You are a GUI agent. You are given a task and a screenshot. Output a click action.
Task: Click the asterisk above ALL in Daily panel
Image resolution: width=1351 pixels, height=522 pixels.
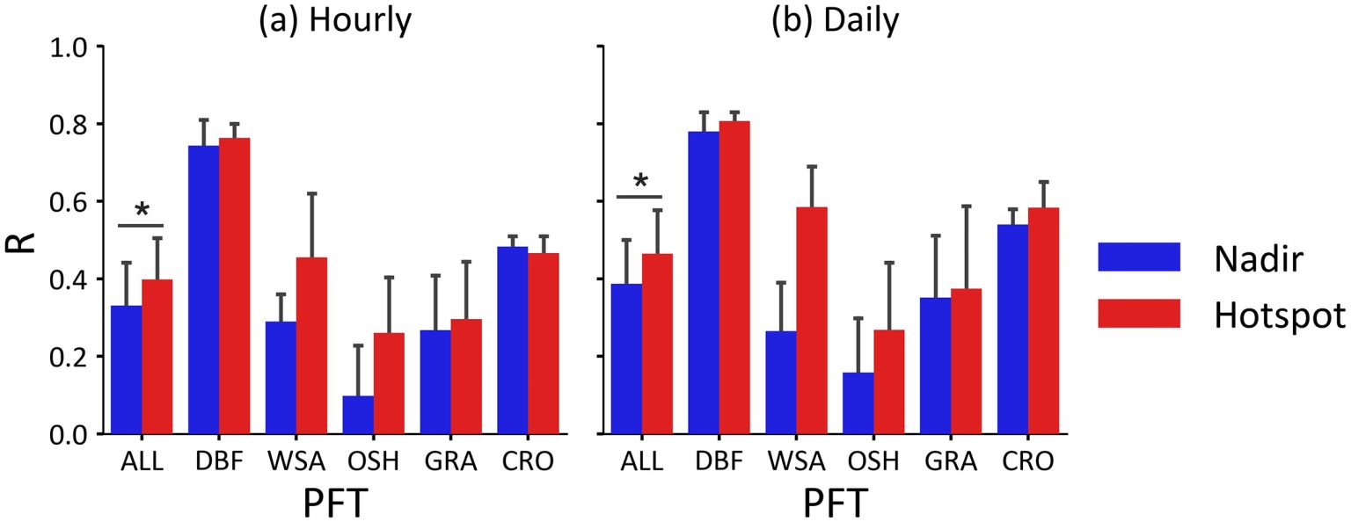pyautogui.click(x=640, y=182)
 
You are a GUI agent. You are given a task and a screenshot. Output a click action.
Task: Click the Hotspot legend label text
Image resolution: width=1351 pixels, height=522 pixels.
pyautogui.click(x=1279, y=315)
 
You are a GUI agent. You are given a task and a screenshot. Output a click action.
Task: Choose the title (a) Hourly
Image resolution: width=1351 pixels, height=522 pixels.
pyautogui.click(x=333, y=21)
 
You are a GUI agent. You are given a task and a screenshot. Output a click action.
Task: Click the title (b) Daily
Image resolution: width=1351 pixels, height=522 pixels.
pyautogui.click(x=834, y=21)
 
